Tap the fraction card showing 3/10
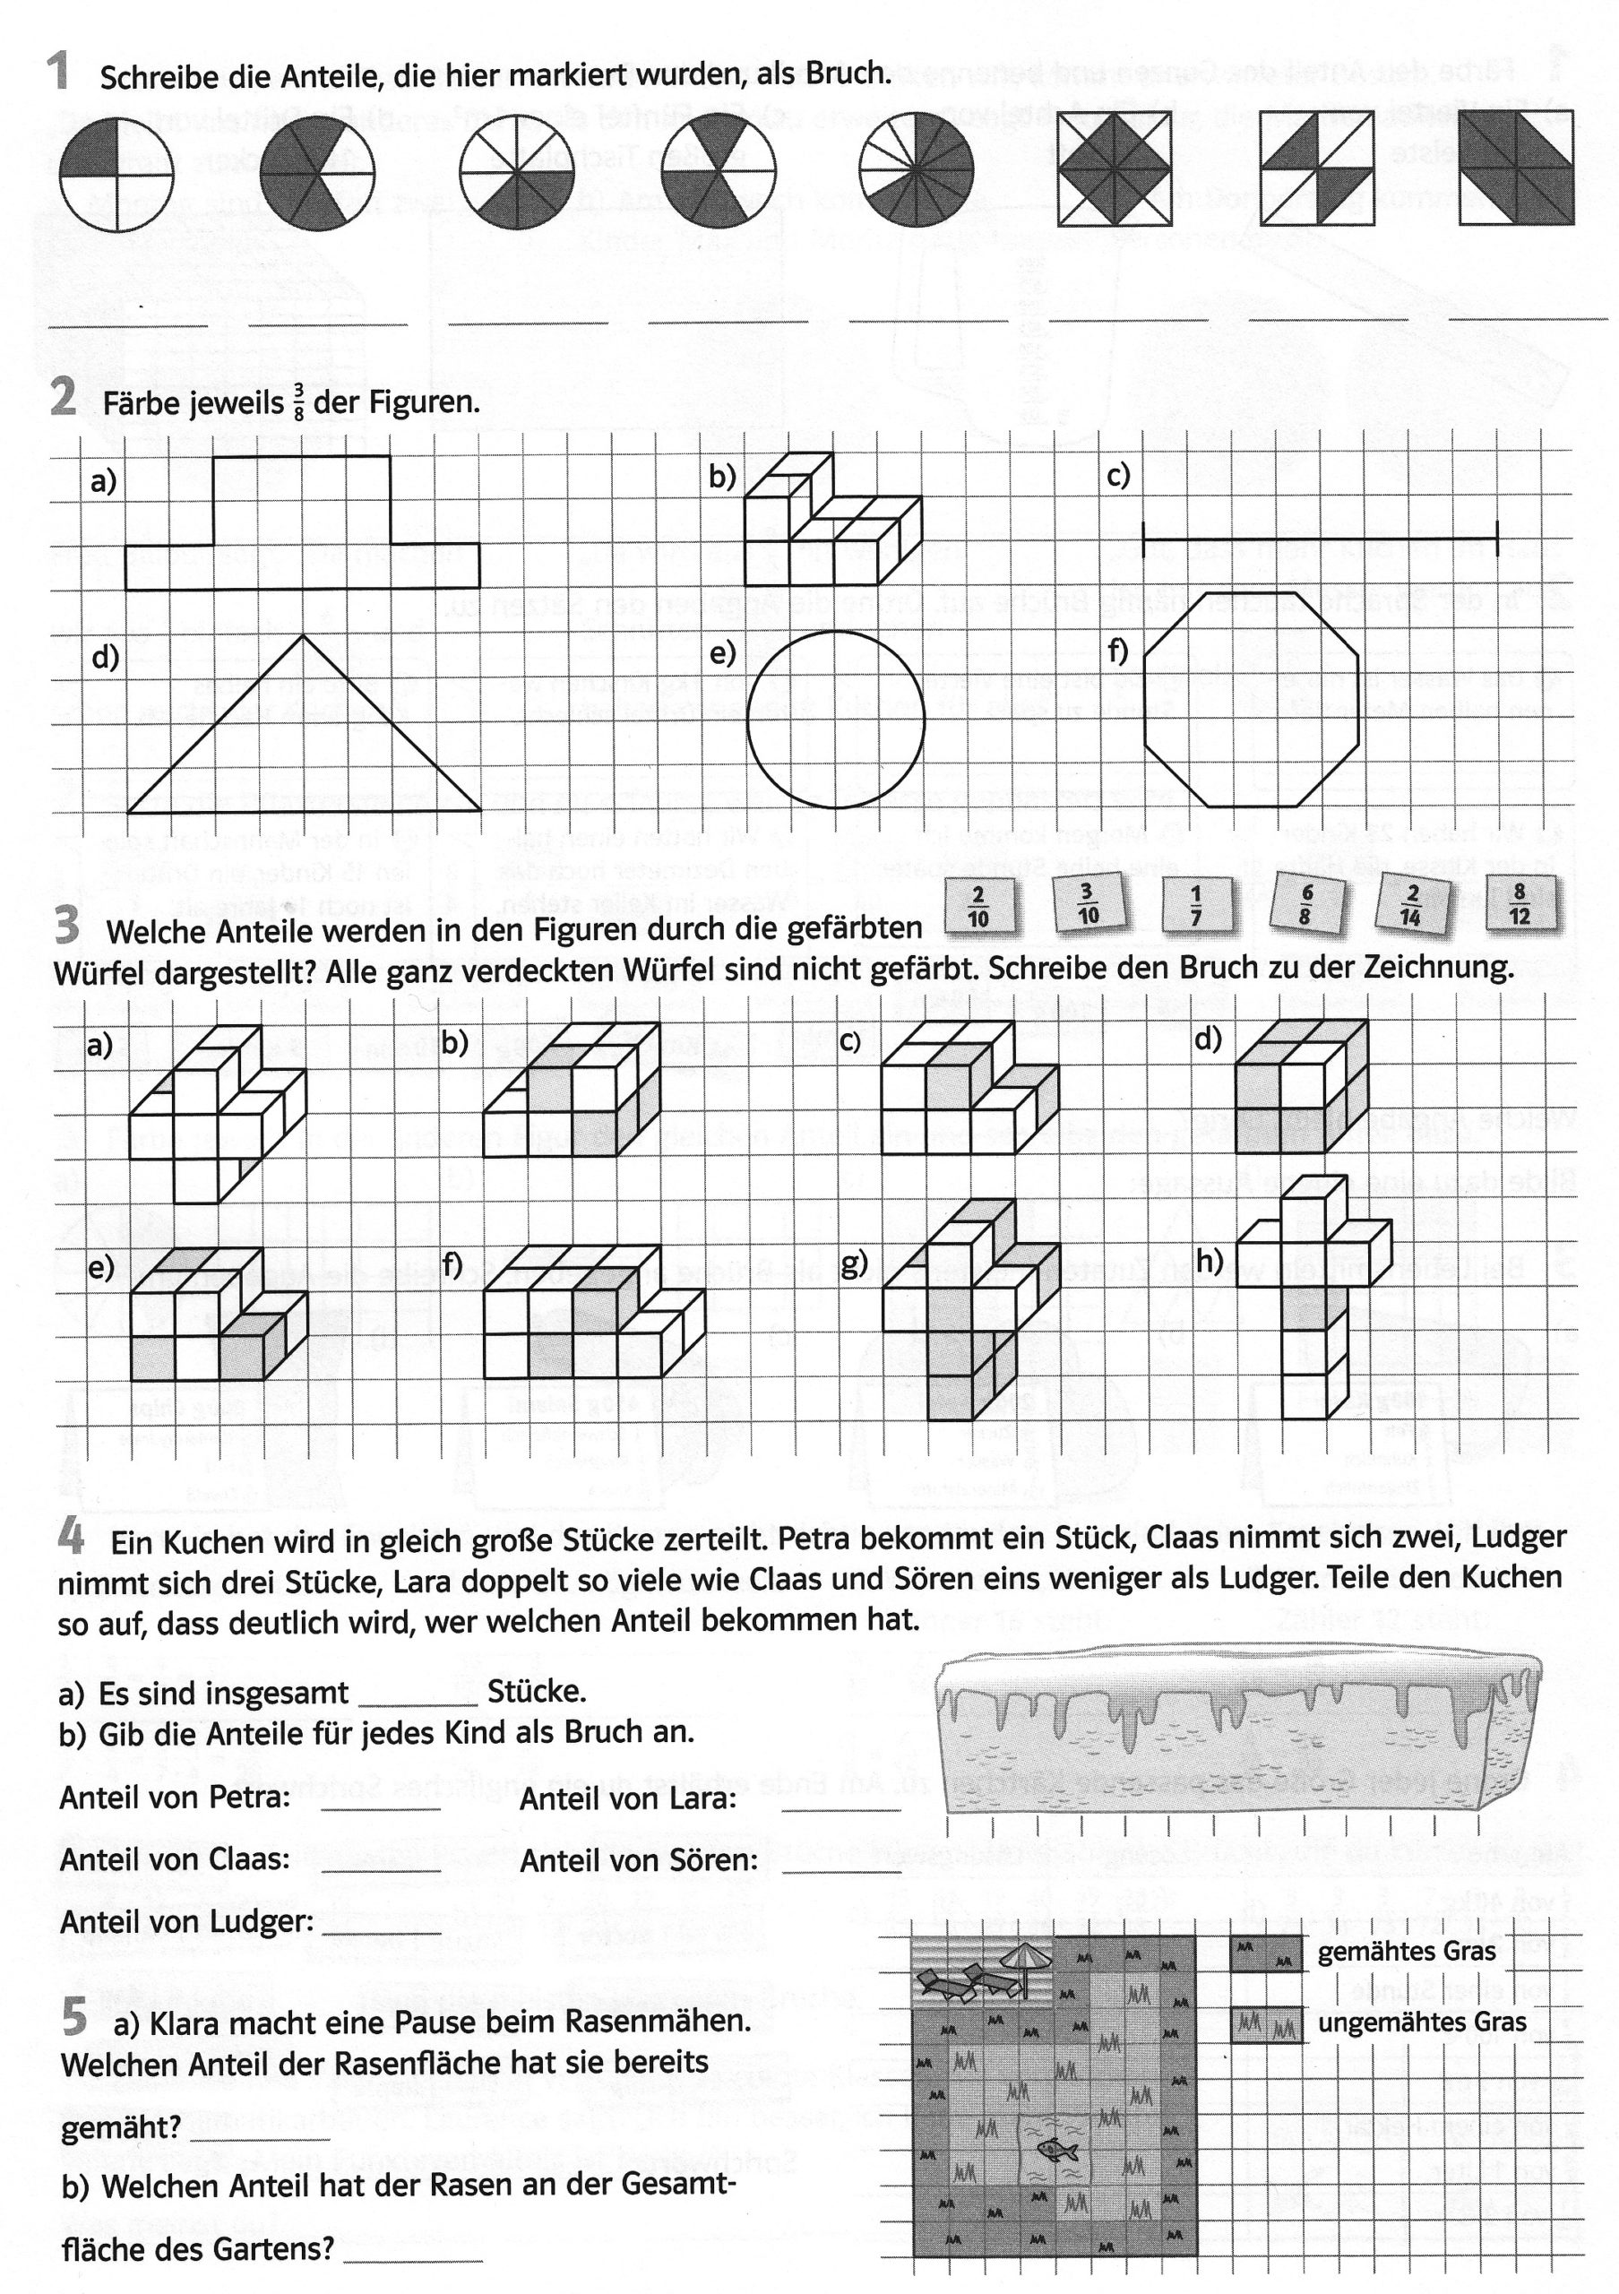(1088, 903)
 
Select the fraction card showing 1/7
(1195, 905)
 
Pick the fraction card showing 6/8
(1305, 904)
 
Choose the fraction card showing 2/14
(1411, 905)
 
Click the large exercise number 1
(59, 73)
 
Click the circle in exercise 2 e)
(836, 720)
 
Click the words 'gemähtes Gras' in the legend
(1407, 1952)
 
